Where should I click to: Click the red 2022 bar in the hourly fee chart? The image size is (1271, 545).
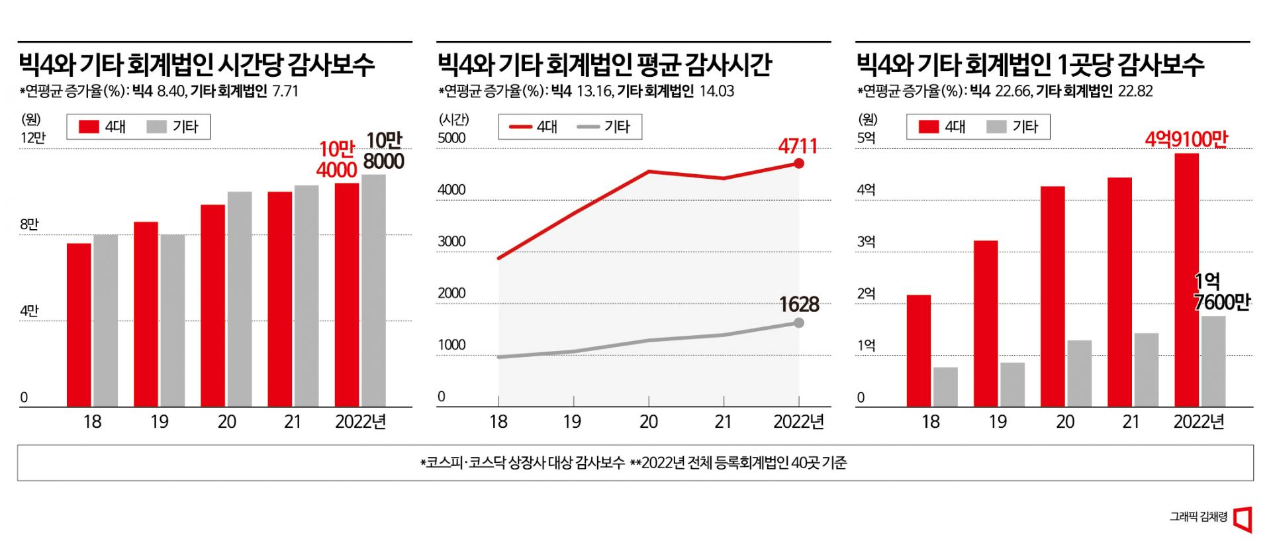pos(346,295)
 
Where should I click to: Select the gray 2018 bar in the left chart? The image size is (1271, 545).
pos(105,321)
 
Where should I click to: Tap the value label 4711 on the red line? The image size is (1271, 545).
pos(797,146)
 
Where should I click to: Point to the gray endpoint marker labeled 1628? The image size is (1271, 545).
pos(799,322)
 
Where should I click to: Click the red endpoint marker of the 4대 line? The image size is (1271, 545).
pos(799,164)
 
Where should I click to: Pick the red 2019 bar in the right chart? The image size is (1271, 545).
pos(985,323)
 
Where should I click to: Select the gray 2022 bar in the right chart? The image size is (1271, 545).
pos(1213,361)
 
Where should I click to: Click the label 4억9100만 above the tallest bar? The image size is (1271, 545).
pos(1186,139)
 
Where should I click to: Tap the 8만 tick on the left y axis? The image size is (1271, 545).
pos(29,224)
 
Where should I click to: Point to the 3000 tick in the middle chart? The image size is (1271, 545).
pos(451,242)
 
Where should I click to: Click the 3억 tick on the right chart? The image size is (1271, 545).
pos(866,242)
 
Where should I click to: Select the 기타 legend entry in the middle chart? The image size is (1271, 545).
pos(604,126)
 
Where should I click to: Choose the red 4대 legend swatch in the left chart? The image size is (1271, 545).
pos(89,126)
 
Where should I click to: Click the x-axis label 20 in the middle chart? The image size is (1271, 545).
pos(648,422)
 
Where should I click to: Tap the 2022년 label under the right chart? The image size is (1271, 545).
pos(1198,422)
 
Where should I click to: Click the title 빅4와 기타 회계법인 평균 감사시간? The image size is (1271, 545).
pos(604,64)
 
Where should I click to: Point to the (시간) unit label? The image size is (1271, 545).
pos(453,119)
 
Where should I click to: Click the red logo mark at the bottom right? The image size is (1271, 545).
pos(1243,519)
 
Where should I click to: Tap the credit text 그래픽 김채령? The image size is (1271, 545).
pos(1198,517)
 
